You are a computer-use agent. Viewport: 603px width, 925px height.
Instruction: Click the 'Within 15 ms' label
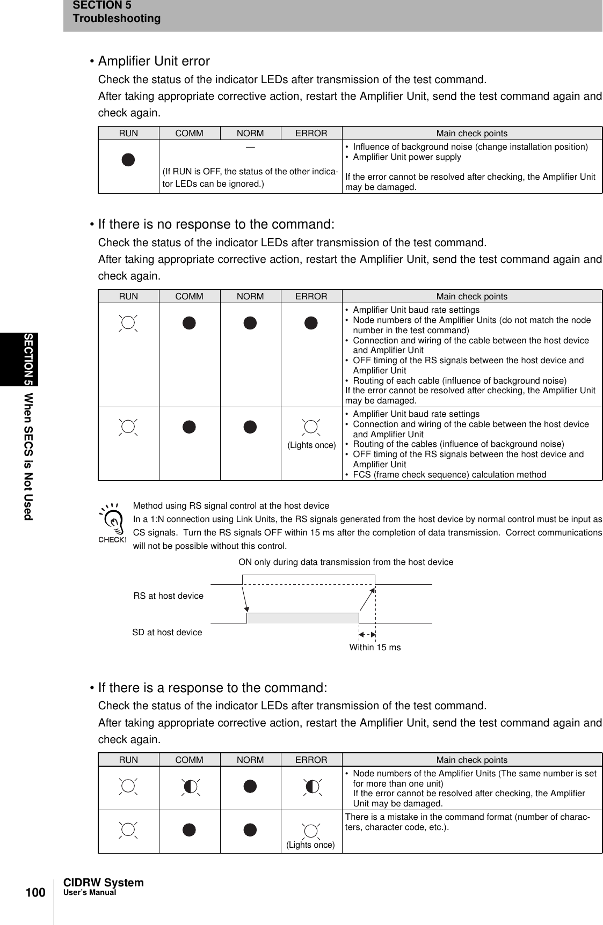[375, 648]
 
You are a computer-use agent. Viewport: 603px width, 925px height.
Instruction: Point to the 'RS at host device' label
[168, 596]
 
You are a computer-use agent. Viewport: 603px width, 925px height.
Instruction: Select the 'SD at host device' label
[167, 633]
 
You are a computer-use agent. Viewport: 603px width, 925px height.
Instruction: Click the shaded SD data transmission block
[302, 618]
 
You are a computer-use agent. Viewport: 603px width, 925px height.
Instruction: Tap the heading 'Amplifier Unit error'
[154, 61]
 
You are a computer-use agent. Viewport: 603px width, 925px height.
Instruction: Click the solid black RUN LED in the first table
[128, 160]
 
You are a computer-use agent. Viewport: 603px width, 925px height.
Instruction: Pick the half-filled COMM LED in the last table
[190, 787]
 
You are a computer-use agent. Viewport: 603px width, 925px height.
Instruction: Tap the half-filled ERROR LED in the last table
[311, 787]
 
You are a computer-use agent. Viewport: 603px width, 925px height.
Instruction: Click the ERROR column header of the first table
[311, 133]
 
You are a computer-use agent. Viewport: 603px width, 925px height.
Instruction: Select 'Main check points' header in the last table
[471, 760]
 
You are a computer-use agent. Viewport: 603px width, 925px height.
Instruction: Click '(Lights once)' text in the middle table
[311, 445]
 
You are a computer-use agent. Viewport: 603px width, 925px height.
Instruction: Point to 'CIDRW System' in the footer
[104, 883]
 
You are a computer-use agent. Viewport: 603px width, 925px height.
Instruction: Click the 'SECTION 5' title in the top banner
[101, 5]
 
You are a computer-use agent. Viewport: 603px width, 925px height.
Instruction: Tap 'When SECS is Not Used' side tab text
[28, 456]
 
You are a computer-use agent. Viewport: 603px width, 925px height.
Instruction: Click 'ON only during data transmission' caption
[345, 562]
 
